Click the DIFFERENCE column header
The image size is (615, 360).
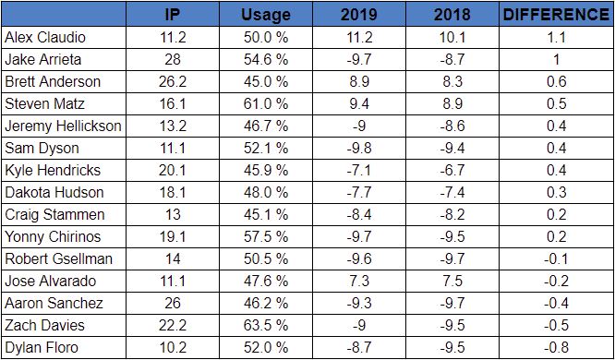[556, 15]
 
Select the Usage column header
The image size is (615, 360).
[266, 15]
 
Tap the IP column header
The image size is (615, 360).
[172, 15]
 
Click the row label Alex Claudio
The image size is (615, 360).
[44, 37]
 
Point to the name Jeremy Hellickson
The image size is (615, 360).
[63, 126]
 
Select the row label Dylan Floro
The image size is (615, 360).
[42, 347]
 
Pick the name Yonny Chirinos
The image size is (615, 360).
[53, 237]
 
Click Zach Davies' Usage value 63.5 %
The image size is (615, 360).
[266, 326]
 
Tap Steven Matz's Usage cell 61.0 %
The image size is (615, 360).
[266, 104]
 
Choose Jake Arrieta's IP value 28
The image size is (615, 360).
[172, 60]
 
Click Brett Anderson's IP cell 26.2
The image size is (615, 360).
[172, 81]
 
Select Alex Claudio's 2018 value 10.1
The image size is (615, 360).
[452, 37]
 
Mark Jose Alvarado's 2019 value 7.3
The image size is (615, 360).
[359, 282]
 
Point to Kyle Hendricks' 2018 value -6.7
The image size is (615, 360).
[452, 170]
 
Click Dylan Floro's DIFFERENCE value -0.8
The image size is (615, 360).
[557, 347]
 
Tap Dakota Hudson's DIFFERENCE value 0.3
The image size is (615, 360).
[557, 193]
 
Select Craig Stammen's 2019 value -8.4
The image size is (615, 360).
[359, 214]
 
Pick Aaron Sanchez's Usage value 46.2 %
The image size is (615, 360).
[266, 303]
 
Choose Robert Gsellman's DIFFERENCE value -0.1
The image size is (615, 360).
[557, 258]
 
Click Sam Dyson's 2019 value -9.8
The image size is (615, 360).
[359, 149]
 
